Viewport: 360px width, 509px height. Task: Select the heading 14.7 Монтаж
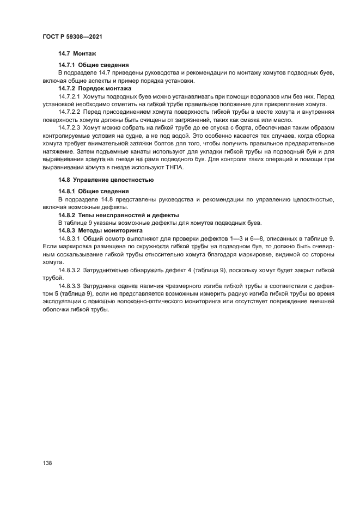pyautogui.click(x=77, y=54)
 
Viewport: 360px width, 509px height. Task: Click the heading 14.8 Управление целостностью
pyautogui.click(x=106, y=180)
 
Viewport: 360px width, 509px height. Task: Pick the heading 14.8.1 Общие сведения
pyautogui.click(x=93, y=191)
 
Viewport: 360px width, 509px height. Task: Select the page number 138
pyautogui.click(x=47, y=462)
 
